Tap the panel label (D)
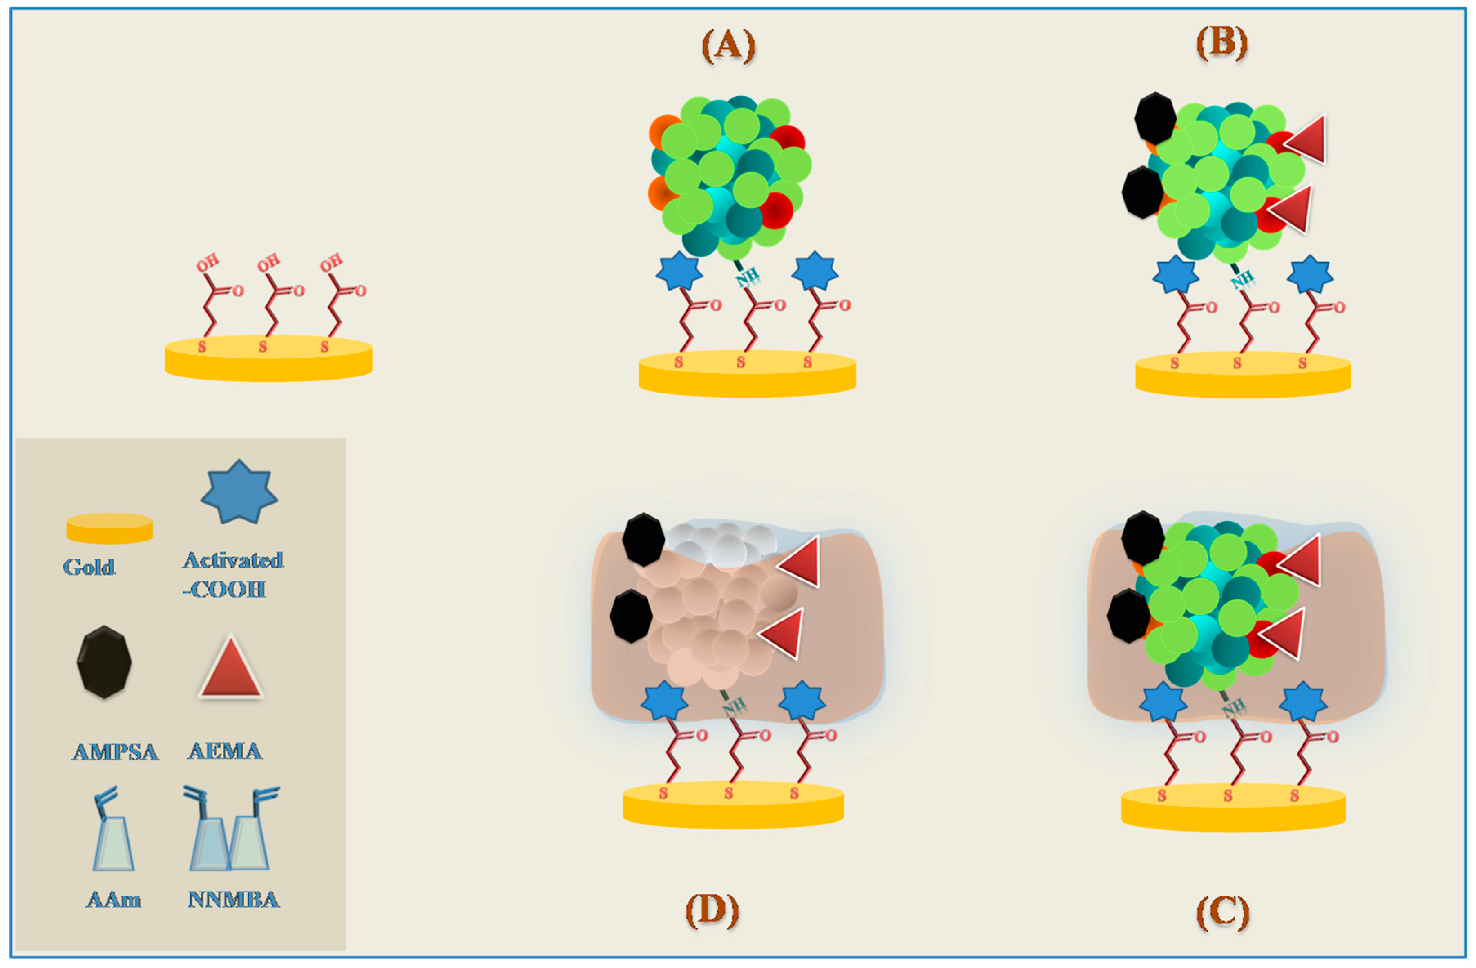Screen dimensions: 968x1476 712,910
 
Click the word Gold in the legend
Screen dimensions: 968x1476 89,567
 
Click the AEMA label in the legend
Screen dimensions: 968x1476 225,751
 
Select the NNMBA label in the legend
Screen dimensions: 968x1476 233,899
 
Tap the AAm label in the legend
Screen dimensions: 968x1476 114,899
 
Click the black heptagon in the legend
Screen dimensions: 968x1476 104,662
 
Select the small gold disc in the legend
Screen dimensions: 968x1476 110,528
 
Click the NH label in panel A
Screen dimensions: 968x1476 747,277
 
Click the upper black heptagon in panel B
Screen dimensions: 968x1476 1155,118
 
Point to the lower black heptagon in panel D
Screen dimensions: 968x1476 631,616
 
